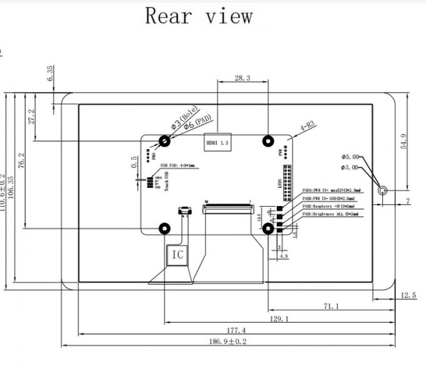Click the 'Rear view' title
pyautogui.click(x=199, y=15)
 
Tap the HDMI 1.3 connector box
pyautogui.click(x=217, y=143)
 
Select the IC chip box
pyautogui.click(x=177, y=254)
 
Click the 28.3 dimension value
pyautogui.click(x=242, y=78)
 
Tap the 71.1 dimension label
pyautogui.click(x=332, y=306)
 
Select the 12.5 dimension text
pyautogui.click(x=408, y=295)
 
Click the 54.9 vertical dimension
pyautogui.click(x=403, y=141)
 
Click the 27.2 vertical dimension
pyautogui.click(x=32, y=117)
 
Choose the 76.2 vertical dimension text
pyautogui.click(x=21, y=161)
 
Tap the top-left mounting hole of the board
pyautogui.click(x=165, y=142)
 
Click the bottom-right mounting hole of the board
pyautogui.click(x=268, y=229)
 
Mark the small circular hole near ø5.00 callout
pyautogui.click(x=382, y=189)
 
